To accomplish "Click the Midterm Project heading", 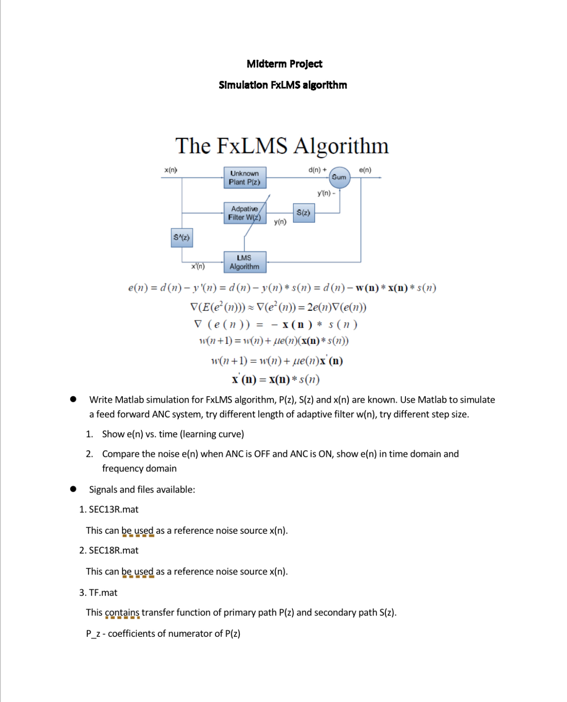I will pyautogui.click(x=284, y=64).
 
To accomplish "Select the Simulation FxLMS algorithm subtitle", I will pyautogui.click(x=283, y=85).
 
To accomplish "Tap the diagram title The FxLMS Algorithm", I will pyautogui.click(x=282, y=146).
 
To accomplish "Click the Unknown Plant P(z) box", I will pyautogui.click(x=245, y=178).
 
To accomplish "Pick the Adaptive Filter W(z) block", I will pyautogui.click(x=245, y=213).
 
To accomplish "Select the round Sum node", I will pyautogui.click(x=339, y=177).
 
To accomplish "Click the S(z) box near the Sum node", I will pyautogui.click(x=304, y=213).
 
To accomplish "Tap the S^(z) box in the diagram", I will pyautogui.click(x=182, y=237).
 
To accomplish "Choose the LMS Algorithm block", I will pyautogui.click(x=245, y=262).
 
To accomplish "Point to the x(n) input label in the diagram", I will pyautogui.click(x=171, y=170).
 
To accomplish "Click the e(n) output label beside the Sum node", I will pyautogui.click(x=365, y=170).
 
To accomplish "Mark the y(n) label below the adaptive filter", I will pyautogui.click(x=280, y=222).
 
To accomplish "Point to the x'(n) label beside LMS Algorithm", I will pyautogui.click(x=198, y=266).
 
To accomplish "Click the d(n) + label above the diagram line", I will pyautogui.click(x=317, y=170).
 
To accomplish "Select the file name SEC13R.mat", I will pyautogui.click(x=113, y=510).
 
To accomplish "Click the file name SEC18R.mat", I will pyautogui.click(x=113, y=550).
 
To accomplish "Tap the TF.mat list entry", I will pyautogui.click(x=103, y=593).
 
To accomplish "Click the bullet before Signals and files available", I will pyautogui.click(x=73, y=489).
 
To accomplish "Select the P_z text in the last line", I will pyautogui.click(x=93, y=634).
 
